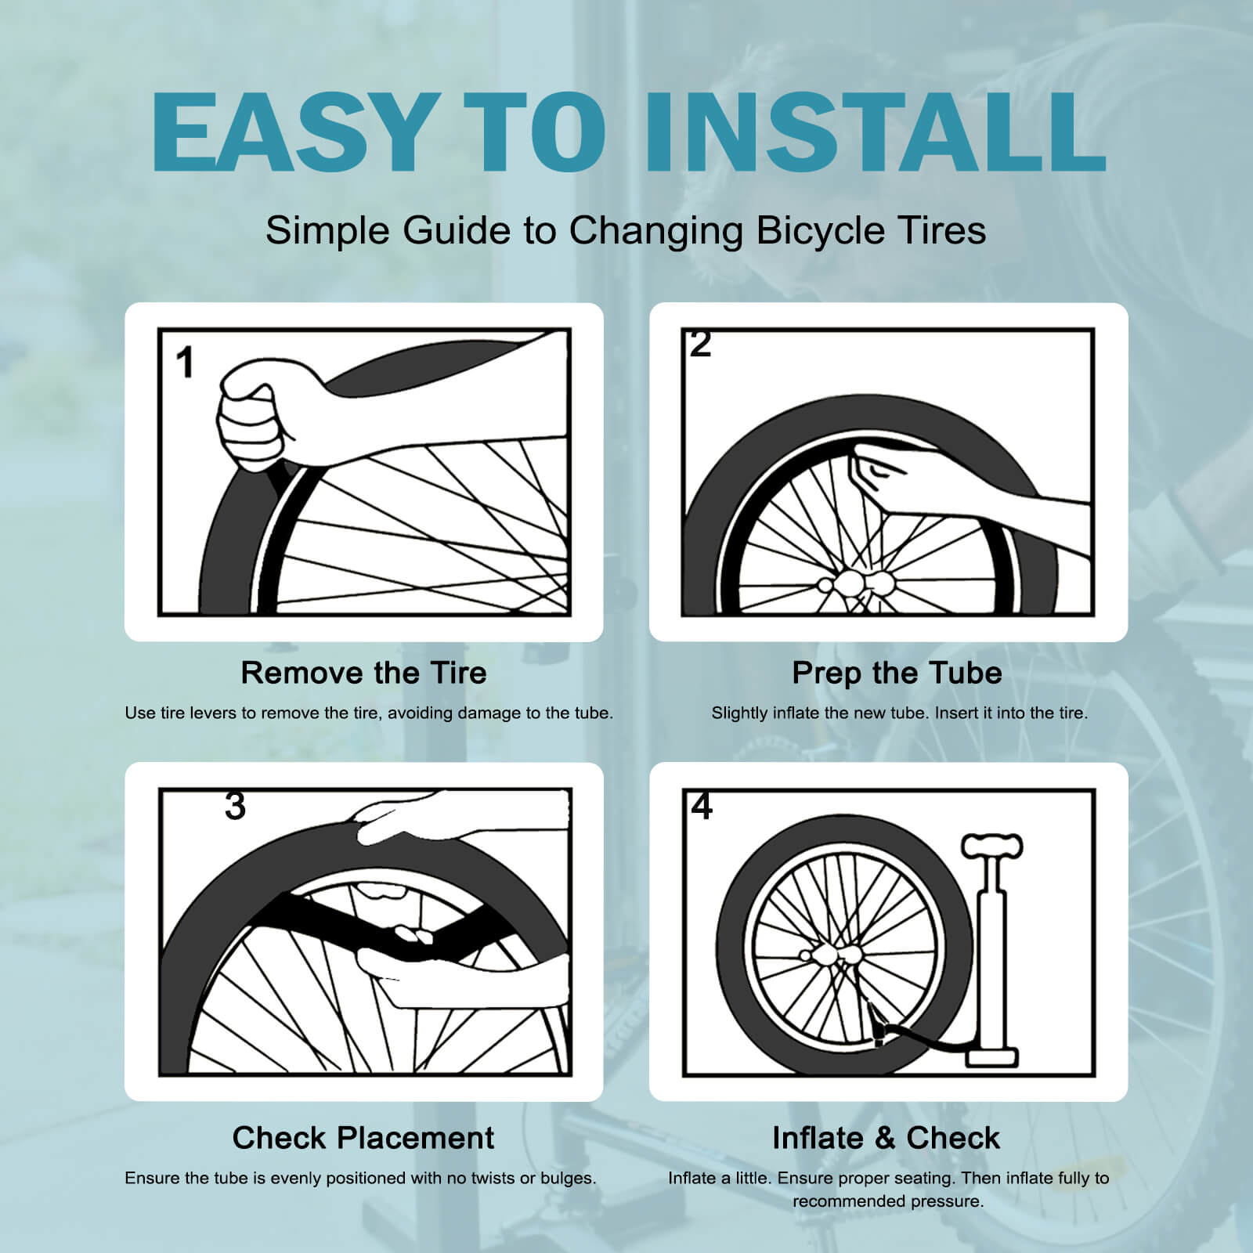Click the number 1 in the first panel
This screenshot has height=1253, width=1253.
coord(185,363)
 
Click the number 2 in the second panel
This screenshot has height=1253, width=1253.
coord(700,345)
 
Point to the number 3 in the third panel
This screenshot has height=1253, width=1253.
coord(235,806)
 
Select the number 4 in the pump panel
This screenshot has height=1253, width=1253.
coord(702,806)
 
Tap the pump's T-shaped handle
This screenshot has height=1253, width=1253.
coord(992,846)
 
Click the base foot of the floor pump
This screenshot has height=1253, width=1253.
coord(991,1057)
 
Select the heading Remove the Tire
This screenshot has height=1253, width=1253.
coord(363,673)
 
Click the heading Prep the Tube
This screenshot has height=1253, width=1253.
coord(897,673)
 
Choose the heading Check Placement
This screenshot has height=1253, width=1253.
coord(363,1138)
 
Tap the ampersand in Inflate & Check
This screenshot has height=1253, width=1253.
coord(886,1138)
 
